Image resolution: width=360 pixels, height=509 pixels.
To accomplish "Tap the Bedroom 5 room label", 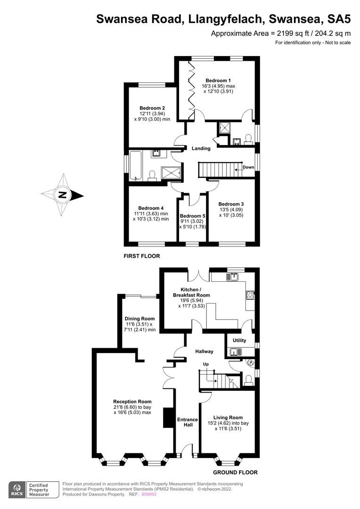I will click(x=192, y=216).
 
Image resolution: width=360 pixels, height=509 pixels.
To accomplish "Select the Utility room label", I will click(x=239, y=340).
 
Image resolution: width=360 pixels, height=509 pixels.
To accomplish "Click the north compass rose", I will click(x=62, y=195).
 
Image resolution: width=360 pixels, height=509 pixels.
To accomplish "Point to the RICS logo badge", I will click(x=18, y=489).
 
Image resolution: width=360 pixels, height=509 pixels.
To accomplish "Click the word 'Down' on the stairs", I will click(x=248, y=167).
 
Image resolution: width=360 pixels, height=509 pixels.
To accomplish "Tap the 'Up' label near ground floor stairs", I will click(x=206, y=365).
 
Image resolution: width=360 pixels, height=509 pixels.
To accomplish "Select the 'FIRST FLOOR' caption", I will click(x=142, y=256).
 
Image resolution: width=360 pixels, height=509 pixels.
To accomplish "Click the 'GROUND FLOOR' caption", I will click(x=235, y=472).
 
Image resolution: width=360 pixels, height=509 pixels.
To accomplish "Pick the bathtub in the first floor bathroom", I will click(x=136, y=165).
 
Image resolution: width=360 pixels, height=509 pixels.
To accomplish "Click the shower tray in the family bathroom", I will click(x=171, y=173).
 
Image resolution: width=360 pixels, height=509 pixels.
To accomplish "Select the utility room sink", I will click(x=235, y=352).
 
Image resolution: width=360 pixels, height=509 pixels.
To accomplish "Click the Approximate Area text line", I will click(x=280, y=33).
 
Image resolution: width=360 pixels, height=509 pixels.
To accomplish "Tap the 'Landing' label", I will click(x=201, y=148).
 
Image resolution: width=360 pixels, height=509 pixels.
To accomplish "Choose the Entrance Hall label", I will click(x=187, y=422).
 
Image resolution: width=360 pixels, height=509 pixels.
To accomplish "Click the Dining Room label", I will click(x=139, y=319).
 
